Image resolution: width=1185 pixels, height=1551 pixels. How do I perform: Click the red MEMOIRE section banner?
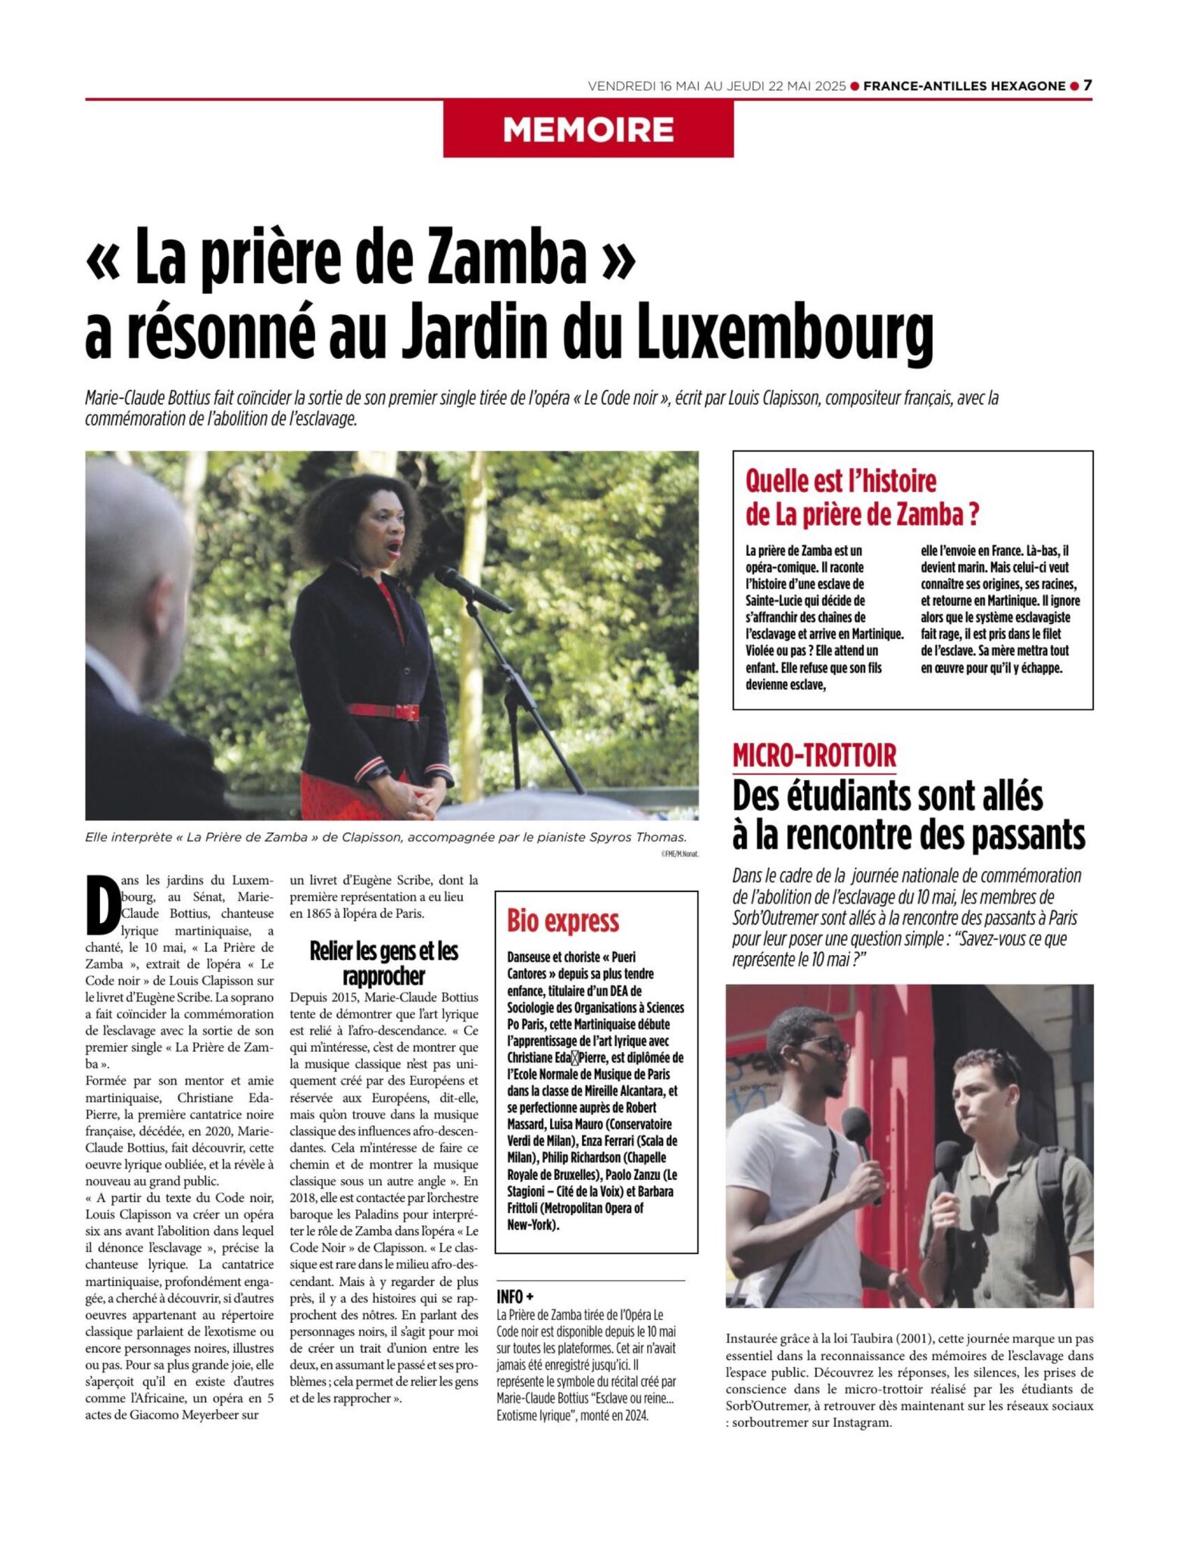(x=588, y=130)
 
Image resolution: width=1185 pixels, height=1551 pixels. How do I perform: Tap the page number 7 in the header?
(x=1087, y=86)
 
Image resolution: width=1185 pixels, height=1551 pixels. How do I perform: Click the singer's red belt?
(x=383, y=711)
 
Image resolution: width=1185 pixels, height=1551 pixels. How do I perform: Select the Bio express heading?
(x=563, y=921)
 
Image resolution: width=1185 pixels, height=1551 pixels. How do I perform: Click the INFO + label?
(x=515, y=1297)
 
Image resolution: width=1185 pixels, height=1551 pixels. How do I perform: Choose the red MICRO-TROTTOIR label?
(x=814, y=755)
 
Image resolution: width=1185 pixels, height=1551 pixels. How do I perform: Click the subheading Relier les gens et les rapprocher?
(x=383, y=963)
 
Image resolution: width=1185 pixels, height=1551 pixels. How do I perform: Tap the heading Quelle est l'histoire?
(x=840, y=480)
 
